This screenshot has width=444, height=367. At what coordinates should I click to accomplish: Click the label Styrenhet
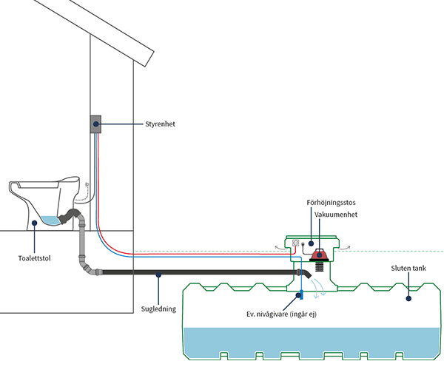pyautogui.click(x=164, y=124)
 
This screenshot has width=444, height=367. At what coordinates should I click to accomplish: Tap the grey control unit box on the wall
pyautogui.click(x=95, y=124)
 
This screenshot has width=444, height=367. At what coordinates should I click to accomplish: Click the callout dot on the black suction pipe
pyautogui.click(x=158, y=275)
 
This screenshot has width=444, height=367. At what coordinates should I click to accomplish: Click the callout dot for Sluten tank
pyautogui.click(x=408, y=300)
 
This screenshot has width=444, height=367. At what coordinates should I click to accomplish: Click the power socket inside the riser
pyautogui.click(x=298, y=243)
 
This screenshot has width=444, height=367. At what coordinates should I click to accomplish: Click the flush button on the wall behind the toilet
pyautogui.click(x=87, y=184)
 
